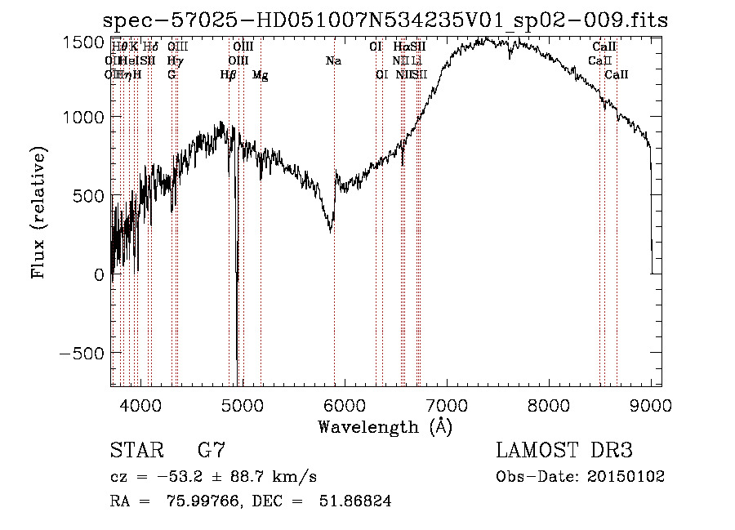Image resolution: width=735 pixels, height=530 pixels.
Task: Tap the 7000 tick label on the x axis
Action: pyautogui.click(x=447, y=403)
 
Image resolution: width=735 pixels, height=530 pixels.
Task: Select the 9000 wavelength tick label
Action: pyautogui.click(x=651, y=403)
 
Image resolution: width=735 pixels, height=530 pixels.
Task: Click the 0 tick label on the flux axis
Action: pyautogui.click(x=99, y=275)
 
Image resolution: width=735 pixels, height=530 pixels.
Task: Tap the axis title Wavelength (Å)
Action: pyautogui.click(x=385, y=425)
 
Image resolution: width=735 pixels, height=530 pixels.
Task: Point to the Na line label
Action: pyautogui.click(x=333, y=61)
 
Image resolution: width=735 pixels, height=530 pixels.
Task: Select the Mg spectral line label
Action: pyautogui.click(x=261, y=75)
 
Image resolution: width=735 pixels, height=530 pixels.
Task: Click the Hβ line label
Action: pyautogui.click(x=228, y=75)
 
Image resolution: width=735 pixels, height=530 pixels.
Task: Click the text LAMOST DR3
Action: pyautogui.click(x=563, y=451)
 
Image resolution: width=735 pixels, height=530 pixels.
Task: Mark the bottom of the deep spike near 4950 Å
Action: pyautogui.click(x=237, y=359)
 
